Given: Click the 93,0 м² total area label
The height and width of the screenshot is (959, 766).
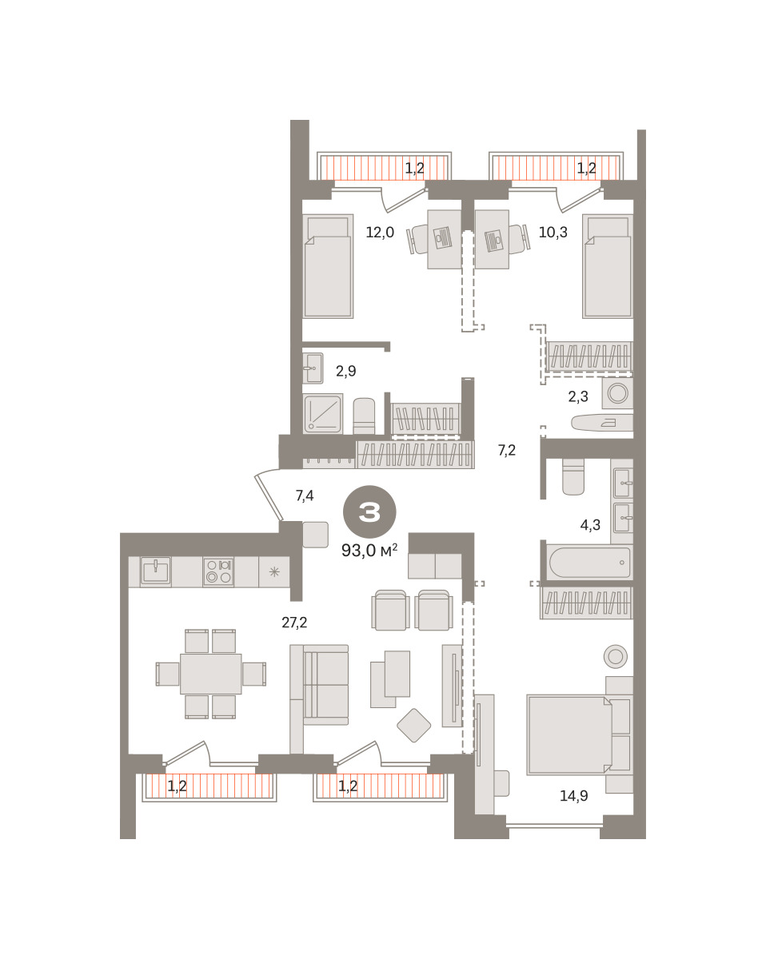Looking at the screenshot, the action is (369, 551).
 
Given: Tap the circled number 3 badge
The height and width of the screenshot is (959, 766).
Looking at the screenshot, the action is (369, 511).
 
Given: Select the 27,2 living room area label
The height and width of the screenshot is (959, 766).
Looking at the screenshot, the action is (294, 622).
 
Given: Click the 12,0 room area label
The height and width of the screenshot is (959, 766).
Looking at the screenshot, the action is (380, 233).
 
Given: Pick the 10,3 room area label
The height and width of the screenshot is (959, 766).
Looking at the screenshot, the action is (553, 233).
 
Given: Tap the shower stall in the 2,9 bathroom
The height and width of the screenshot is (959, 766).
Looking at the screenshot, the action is (323, 413).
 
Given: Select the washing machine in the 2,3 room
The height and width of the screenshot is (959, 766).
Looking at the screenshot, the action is (617, 393).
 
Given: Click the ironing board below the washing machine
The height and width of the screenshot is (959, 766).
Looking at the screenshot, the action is (602, 423).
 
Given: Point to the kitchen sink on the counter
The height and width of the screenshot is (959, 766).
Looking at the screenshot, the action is (156, 571).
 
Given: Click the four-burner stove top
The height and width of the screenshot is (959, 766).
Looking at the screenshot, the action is (218, 571).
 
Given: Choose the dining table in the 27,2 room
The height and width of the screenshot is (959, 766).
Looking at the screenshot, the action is (211, 674).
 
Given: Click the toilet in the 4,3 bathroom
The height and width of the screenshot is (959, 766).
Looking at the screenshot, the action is (573, 477).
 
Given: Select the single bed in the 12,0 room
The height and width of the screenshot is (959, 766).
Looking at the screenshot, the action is (328, 266).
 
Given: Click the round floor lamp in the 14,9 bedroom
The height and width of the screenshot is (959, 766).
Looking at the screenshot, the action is (616, 656).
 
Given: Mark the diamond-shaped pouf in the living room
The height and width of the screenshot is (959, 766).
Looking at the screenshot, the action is (413, 726).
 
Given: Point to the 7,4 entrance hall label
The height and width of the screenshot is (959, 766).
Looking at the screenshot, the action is (305, 495).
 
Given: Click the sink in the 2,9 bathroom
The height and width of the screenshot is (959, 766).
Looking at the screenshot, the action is (313, 368).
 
